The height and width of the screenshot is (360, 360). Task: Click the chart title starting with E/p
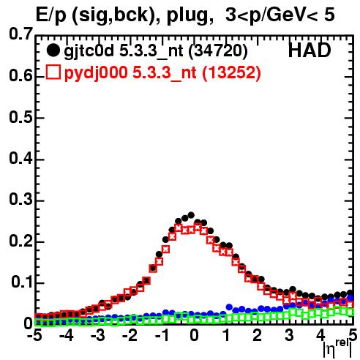pos(185,15)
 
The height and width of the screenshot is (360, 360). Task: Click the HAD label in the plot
pos(310,50)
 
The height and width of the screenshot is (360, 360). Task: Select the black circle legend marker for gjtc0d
pos(53,50)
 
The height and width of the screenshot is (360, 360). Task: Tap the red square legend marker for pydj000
pos(53,72)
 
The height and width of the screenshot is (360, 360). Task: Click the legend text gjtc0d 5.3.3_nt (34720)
pos(156,51)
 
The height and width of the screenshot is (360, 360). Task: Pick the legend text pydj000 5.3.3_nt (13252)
pos(162,72)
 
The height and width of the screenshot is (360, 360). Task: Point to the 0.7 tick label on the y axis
pos(20,34)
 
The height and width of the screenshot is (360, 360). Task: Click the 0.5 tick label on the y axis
pos(20,117)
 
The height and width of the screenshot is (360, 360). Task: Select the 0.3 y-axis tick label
pos(20,199)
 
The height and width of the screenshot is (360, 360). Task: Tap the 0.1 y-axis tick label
pos(22,282)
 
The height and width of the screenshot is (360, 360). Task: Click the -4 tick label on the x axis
pos(66,335)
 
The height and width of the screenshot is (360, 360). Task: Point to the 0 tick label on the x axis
pos(194,335)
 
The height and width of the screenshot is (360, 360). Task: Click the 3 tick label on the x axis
pos(289,335)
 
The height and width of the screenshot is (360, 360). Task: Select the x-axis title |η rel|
pos(338,348)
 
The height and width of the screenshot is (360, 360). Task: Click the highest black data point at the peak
pos(191,215)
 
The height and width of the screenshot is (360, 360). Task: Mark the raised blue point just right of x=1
pos(229,307)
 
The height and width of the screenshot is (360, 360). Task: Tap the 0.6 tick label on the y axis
pos(20,76)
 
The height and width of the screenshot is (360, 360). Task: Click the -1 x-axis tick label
pos(162,335)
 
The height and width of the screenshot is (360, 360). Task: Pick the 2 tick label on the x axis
pos(258,335)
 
